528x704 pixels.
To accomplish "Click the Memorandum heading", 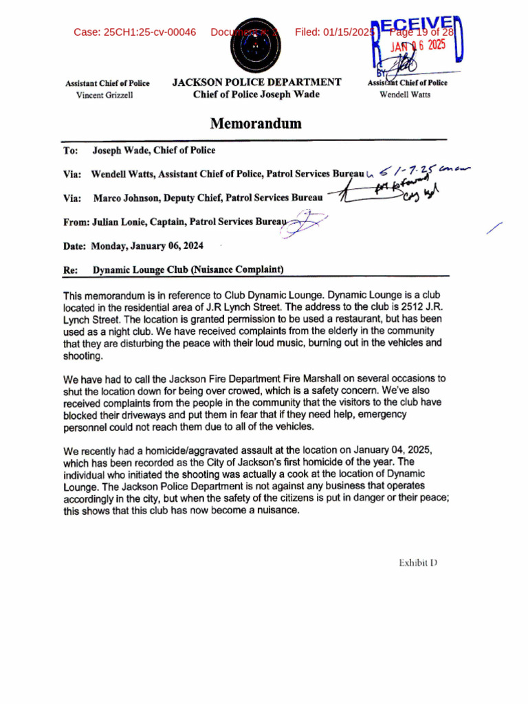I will [256, 124].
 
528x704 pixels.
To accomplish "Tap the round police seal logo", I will [256, 45].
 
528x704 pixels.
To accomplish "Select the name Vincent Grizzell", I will [104, 95].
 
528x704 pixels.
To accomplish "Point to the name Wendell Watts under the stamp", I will [405, 94].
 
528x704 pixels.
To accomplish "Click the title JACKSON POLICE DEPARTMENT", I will [256, 82].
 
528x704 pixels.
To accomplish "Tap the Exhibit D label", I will [418, 563].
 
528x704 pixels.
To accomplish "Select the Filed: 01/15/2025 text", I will [335, 32].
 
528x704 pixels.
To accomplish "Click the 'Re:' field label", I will [70, 270].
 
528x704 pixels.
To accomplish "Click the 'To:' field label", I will [70, 151].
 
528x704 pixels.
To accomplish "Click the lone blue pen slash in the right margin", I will [494, 229].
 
